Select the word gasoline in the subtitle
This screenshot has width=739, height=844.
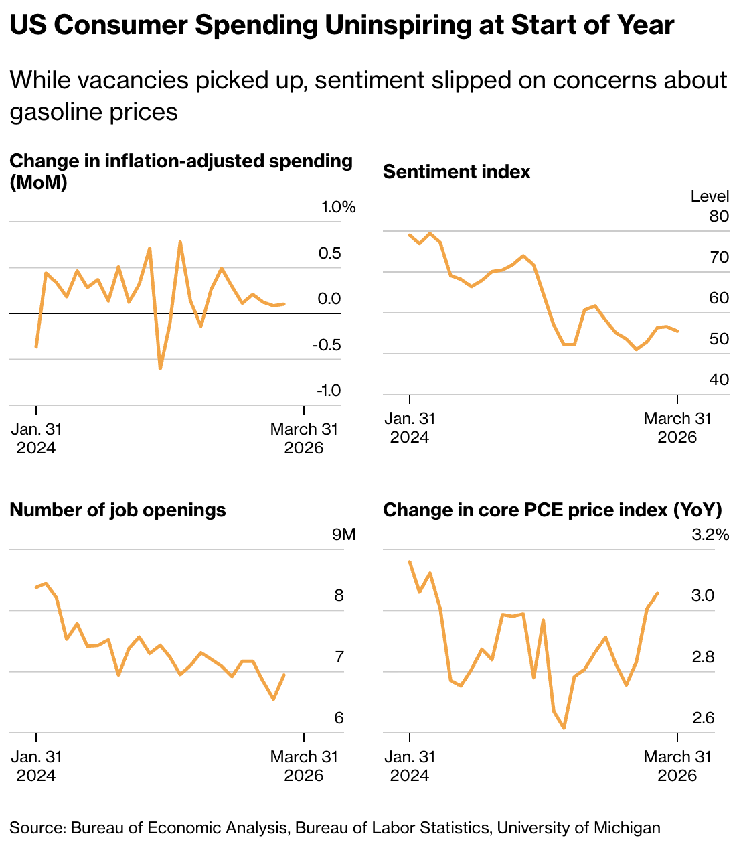pos(50,111)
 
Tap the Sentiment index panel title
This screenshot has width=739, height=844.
pos(457,172)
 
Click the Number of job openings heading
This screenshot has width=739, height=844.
pos(118,510)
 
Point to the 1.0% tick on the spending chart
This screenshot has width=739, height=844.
pos(339,207)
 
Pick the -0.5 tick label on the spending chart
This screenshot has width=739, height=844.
pos(326,345)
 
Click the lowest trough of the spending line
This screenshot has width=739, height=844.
pos(160,368)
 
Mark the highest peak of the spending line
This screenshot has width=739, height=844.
pos(180,242)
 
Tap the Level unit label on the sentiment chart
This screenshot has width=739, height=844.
pos(710,196)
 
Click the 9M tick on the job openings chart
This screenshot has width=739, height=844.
pos(344,535)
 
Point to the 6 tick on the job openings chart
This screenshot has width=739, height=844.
pos(339,718)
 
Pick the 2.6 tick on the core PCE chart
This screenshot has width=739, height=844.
pos(704,718)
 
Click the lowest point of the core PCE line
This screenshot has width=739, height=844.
pos(564,728)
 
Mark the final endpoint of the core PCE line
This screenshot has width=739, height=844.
pos(658,593)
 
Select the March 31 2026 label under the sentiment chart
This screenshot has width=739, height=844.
pos(677,428)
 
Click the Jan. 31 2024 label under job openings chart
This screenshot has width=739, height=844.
pos(36,766)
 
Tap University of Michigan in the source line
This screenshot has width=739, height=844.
pos(578,828)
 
